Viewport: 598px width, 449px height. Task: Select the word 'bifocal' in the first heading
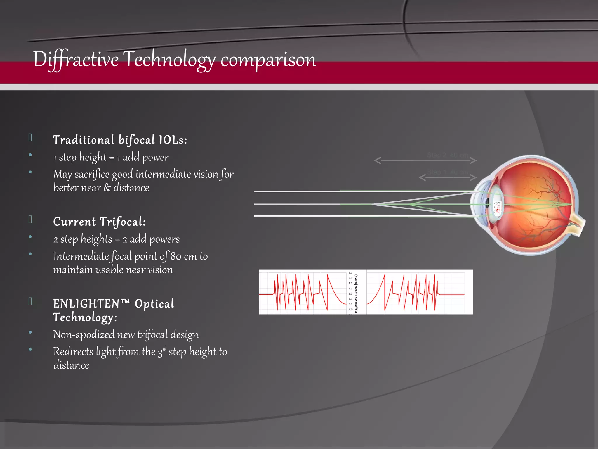coord(136,140)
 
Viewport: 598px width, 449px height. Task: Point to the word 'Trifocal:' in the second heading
coord(123,222)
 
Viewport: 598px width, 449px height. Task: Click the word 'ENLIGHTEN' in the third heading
coord(87,304)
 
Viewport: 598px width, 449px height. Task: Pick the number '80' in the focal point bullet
coord(176,256)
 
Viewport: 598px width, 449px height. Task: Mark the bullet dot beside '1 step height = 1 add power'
coord(30,155)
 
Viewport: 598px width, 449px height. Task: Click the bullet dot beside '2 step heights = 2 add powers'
coord(30,237)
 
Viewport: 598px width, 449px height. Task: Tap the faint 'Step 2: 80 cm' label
coord(448,155)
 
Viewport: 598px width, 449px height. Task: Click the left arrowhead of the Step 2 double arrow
coord(378,160)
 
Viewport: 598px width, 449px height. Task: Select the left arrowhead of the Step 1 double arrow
coord(422,177)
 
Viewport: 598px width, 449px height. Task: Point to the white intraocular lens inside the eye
coord(497,208)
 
